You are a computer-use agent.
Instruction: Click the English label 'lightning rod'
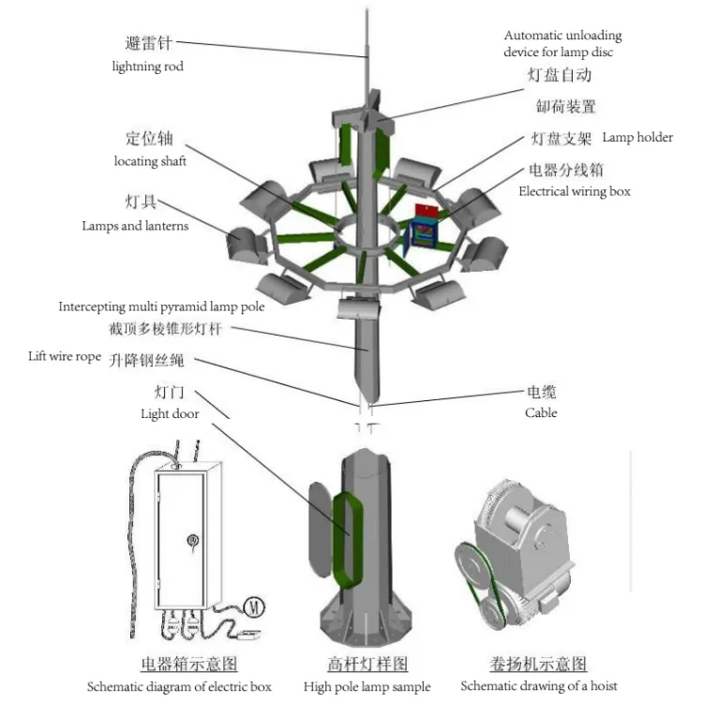pos(147,67)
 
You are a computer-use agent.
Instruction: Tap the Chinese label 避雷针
pos(148,43)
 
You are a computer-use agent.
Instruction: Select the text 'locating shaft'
pos(150,161)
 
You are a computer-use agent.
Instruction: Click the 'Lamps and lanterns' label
pos(135,226)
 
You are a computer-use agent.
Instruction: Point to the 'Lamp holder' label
pos(636,137)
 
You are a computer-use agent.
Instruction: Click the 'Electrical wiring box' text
pos(575,191)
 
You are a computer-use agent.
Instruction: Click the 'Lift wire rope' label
pos(64,357)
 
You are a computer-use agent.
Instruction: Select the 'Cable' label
pos(541,412)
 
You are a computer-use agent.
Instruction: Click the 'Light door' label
pos(169,413)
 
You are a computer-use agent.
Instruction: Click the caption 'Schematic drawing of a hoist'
pos(538,686)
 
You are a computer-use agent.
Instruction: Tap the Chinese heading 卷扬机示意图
pos(538,664)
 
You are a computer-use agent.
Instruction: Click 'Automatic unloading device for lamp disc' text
pos(562,44)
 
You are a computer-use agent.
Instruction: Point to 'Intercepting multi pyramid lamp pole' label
pos(161,307)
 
